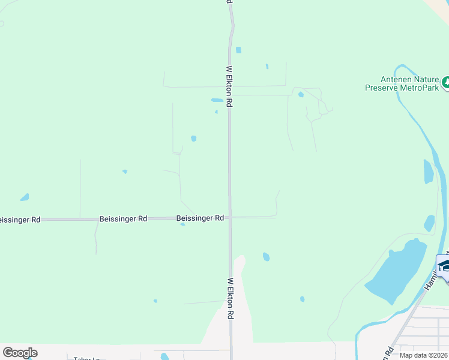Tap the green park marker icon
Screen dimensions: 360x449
click(445, 83)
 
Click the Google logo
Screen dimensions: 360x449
click(20, 353)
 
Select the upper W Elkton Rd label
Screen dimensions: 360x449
click(229, 86)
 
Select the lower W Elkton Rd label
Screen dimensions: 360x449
click(230, 298)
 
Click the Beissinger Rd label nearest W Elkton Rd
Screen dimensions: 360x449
click(200, 218)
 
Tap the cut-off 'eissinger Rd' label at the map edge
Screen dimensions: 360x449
click(20, 220)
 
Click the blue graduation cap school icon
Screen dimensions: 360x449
click(444, 265)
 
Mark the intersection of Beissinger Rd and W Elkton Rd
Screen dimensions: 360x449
click(230, 217)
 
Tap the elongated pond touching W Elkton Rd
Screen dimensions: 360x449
click(217, 100)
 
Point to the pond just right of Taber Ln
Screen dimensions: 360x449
click(164, 356)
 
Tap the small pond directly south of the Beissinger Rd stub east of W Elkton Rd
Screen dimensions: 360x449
click(266, 257)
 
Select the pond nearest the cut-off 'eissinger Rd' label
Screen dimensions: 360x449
click(25, 197)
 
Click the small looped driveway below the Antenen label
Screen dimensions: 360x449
click(299, 92)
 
